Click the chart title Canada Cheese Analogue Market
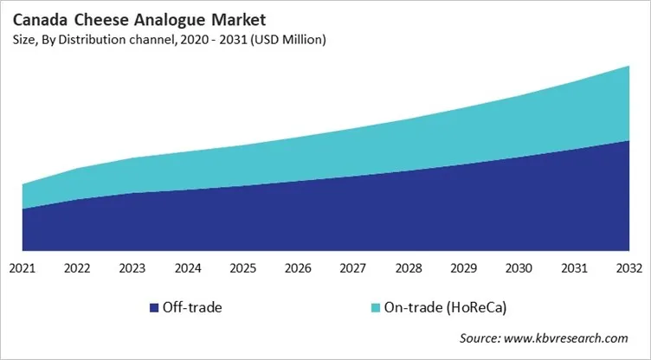113,18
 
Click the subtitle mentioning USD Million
171,39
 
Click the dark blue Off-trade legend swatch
154,308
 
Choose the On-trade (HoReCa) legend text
441,308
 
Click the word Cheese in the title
100,18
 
